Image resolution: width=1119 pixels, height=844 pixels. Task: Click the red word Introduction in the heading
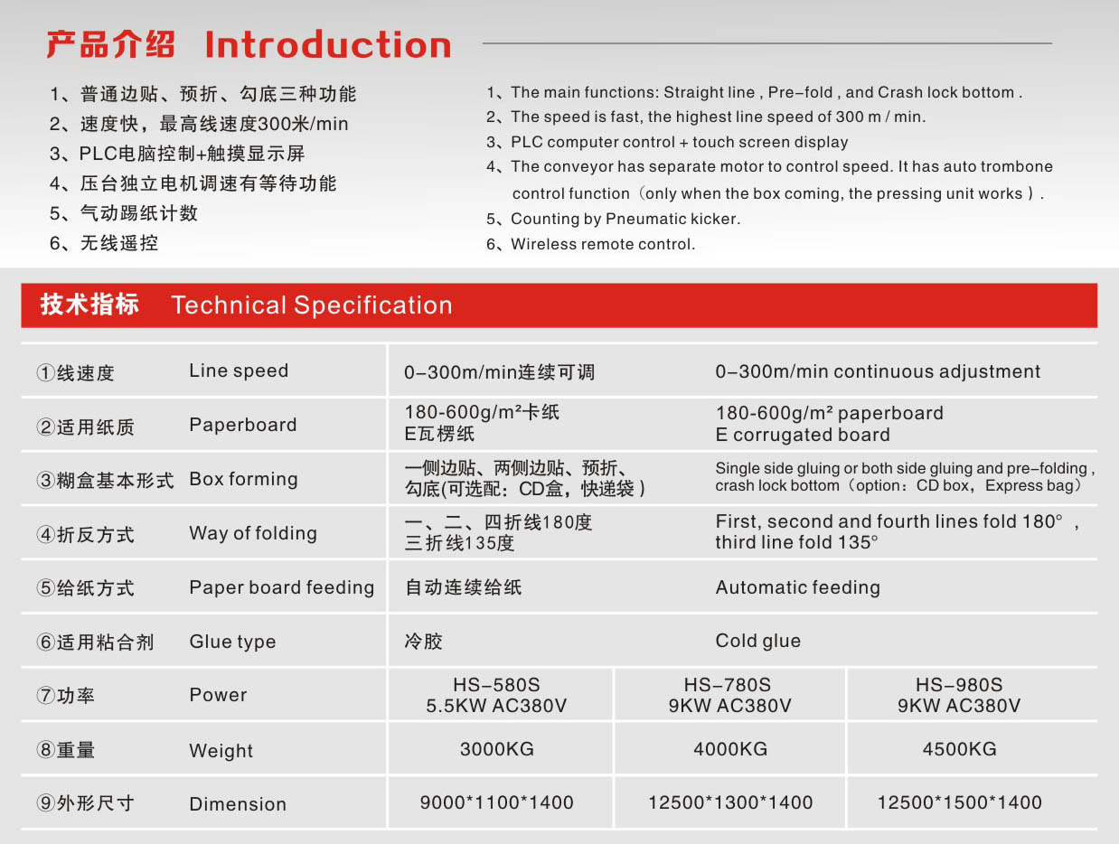point(328,44)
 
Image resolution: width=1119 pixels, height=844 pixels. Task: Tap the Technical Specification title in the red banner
point(312,305)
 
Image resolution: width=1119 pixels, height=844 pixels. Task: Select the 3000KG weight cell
point(496,749)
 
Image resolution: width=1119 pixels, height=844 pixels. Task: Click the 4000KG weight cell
point(730,749)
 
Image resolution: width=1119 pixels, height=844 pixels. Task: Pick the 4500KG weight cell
point(959,749)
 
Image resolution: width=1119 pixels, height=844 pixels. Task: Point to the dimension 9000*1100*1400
point(496,802)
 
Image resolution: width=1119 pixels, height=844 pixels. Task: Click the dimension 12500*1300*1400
point(730,802)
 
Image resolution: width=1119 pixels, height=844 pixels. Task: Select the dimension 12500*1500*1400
point(959,802)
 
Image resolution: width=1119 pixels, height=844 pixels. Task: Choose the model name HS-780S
point(728,684)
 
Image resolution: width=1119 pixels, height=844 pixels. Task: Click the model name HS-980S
point(959,684)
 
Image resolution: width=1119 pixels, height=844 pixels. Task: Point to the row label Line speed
point(239,371)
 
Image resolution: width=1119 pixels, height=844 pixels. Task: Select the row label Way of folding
point(253,534)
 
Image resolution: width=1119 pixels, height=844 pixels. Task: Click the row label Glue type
point(232,642)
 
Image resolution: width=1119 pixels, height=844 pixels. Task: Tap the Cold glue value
point(758,642)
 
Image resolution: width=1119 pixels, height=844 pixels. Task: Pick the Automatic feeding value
point(798,587)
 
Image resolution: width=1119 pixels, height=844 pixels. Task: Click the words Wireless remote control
point(603,244)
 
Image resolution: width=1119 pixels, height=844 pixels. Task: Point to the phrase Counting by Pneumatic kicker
point(625,219)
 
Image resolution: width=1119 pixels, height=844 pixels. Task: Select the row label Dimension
point(238,804)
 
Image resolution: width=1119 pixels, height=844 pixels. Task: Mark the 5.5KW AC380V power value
point(496,706)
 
